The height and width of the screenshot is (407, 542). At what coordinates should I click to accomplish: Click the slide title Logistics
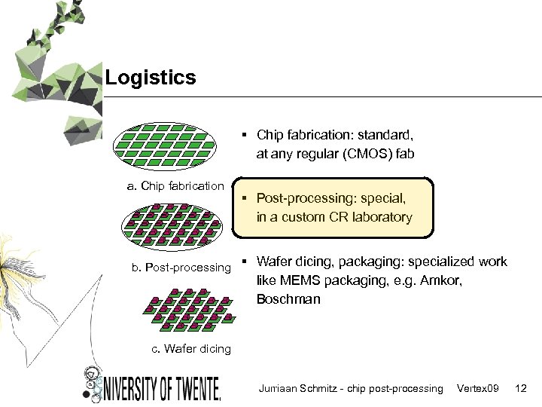151,78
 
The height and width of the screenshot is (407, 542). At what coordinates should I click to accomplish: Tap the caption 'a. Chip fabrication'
175,185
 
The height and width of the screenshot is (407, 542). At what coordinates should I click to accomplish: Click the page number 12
520,388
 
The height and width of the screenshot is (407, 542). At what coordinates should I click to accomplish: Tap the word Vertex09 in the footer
477,388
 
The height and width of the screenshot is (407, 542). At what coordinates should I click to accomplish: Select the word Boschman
288,299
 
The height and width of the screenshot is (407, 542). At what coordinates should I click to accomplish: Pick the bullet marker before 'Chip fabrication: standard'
245,136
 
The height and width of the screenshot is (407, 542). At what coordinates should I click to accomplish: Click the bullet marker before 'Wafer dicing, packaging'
245,262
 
